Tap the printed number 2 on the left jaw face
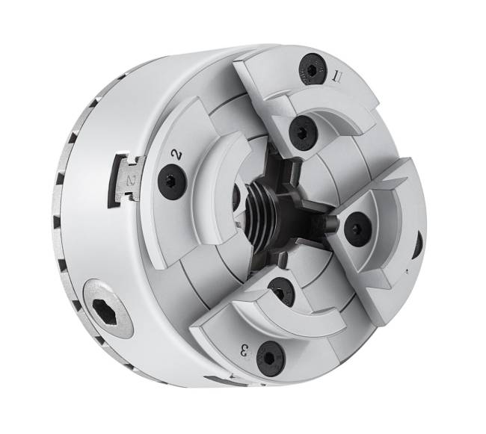[176, 152]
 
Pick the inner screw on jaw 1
[301, 132]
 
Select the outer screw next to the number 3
[270, 359]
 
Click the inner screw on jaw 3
[278, 293]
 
